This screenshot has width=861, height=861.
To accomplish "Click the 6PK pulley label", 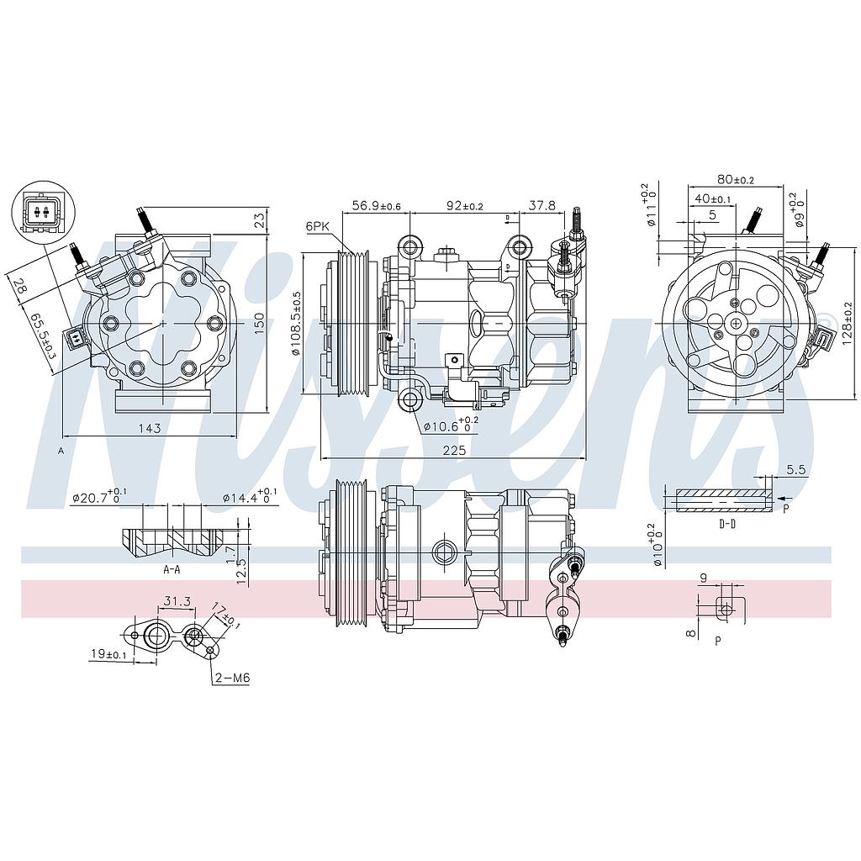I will [318, 226].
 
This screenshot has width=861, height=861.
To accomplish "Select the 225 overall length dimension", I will [454, 450].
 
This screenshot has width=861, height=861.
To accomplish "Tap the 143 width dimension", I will [149, 429].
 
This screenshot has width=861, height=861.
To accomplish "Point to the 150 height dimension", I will [260, 321].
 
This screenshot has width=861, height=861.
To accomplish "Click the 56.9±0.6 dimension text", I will [377, 205].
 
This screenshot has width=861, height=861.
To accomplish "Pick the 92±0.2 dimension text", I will [464, 205].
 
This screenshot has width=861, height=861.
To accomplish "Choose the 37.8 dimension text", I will [542, 205].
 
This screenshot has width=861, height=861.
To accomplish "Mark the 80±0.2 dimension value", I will [736, 179].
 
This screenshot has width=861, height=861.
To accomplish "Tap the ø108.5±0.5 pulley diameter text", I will [296, 323].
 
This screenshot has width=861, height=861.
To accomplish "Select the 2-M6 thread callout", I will [232, 679].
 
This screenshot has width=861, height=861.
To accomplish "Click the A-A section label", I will [172, 569].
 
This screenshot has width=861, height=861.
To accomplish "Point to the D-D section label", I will [727, 524].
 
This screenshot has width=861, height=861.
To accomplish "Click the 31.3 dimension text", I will [175, 601].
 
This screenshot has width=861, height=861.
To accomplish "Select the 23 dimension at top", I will [260, 219].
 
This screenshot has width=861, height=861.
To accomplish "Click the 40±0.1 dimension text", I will [711, 199].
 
